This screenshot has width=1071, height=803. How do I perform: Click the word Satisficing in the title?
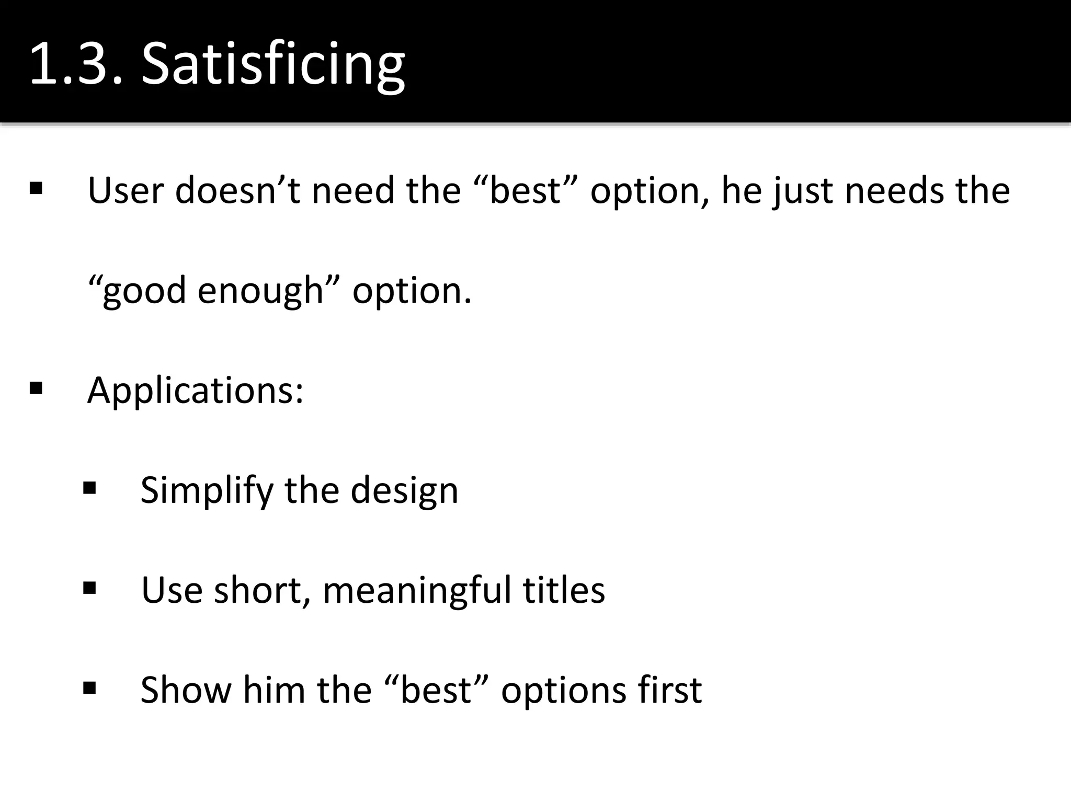tap(273, 64)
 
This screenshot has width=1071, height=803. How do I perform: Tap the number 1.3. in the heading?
tap(76, 64)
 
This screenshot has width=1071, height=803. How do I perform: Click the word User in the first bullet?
tap(126, 190)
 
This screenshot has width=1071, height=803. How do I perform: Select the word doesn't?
tap(237, 190)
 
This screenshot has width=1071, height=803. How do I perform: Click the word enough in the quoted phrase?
tap(260, 291)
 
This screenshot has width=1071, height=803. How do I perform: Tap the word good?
tap(144, 291)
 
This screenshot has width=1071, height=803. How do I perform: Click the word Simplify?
tap(207, 491)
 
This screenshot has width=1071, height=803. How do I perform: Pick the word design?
tap(404, 491)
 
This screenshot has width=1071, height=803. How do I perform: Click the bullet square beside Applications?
tap(36, 388)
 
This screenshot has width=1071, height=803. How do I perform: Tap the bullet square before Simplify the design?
tap(89, 488)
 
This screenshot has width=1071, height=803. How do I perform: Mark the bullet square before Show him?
tap(89, 688)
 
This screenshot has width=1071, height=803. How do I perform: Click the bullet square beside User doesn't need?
tap(36, 188)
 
